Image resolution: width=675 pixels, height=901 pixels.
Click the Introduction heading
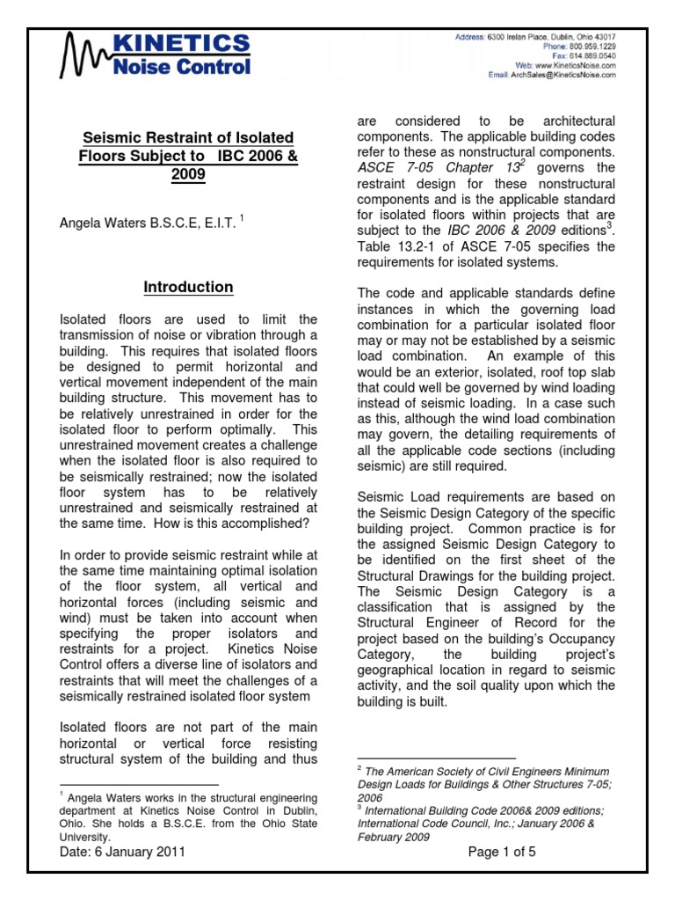coord(188,288)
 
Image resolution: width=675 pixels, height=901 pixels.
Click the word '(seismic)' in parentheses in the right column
coord(386,465)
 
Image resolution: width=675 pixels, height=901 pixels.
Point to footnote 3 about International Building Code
coord(479,824)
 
